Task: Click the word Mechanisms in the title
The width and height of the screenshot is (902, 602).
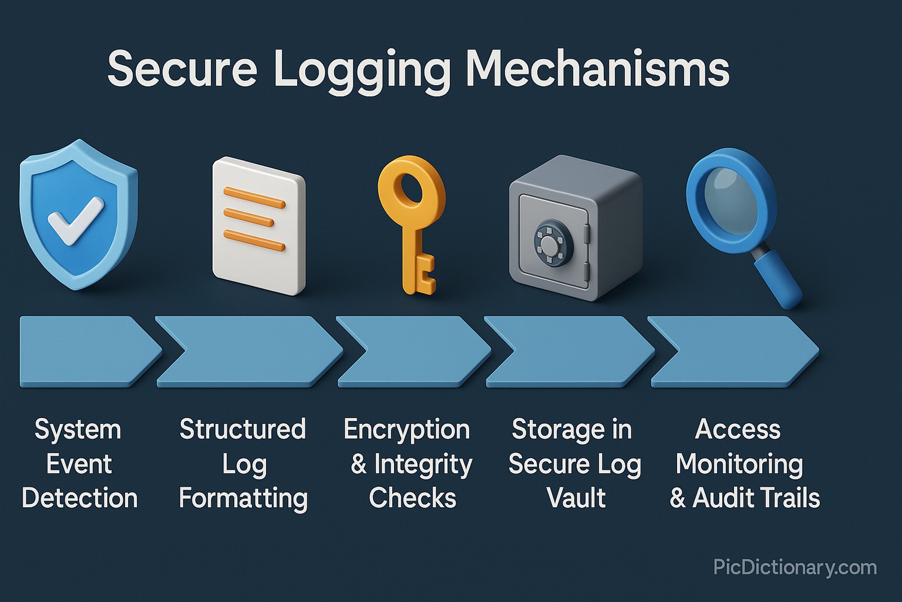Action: tap(597, 69)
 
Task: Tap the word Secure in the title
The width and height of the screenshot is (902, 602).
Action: tap(182, 69)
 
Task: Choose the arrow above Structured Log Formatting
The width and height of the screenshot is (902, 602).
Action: tap(248, 351)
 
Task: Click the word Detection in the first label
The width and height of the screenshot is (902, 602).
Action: tap(79, 498)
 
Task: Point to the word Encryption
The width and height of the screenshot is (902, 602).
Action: tap(406, 430)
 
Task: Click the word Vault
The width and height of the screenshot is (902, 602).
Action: tap(576, 498)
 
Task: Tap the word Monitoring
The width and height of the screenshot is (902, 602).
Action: tap(739, 464)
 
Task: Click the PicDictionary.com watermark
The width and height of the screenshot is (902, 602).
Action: tap(795, 567)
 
